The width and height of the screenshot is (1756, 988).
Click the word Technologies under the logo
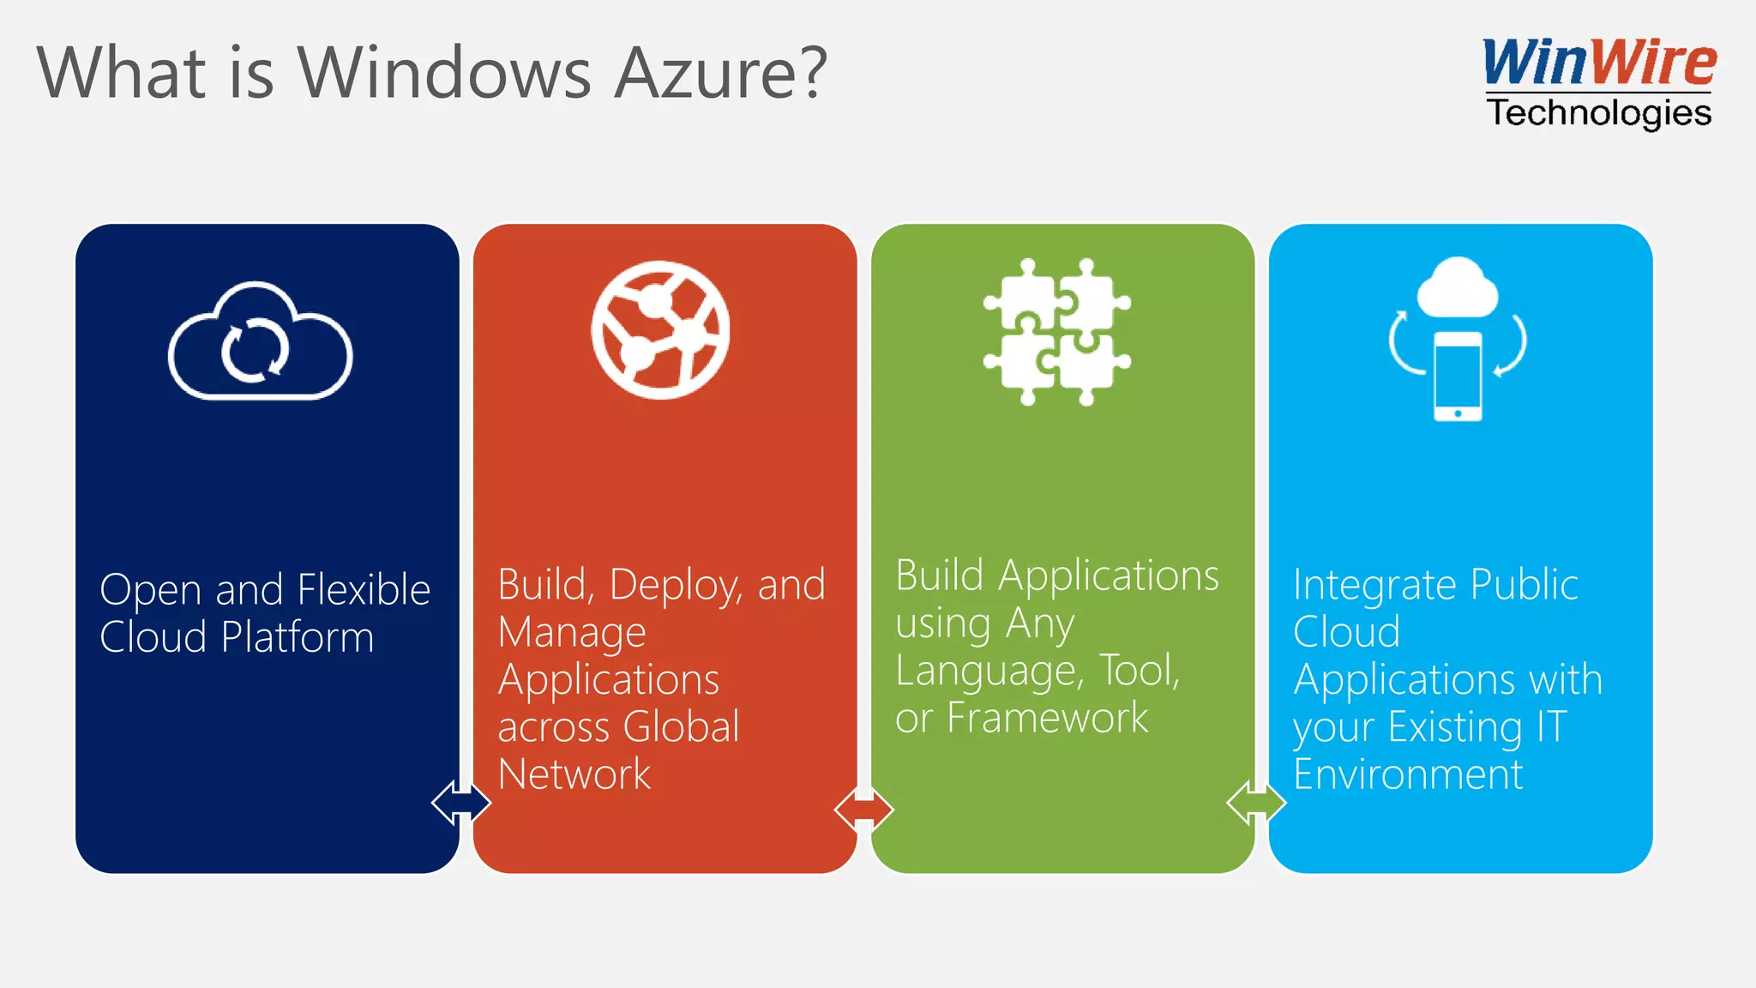(1599, 113)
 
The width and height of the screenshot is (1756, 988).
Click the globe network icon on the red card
(660, 330)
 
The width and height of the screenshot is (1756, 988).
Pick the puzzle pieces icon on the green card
(1057, 332)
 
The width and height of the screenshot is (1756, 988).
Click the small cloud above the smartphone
(1458, 287)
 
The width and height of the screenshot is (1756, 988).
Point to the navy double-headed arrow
(461, 803)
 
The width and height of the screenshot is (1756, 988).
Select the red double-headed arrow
(863, 808)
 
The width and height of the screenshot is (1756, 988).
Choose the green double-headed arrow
(1256, 803)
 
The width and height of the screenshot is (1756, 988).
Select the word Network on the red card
(574, 774)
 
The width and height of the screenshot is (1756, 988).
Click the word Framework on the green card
(1047, 719)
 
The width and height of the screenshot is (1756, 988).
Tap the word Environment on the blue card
(1408, 774)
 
